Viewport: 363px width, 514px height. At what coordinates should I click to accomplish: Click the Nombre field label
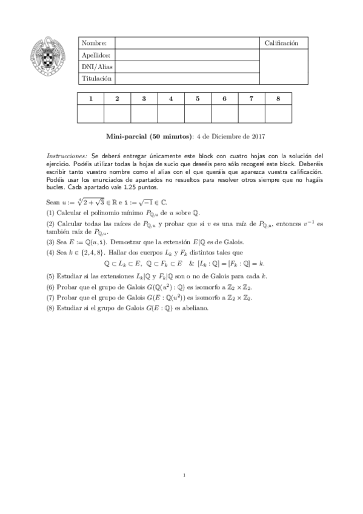pos(94,43)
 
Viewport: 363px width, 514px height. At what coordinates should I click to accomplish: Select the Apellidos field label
pos(97,55)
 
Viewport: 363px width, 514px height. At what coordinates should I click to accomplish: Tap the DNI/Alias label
pos(98,67)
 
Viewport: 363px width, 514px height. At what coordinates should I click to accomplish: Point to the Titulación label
pos(97,78)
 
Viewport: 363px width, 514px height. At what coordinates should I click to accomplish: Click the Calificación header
pos(282,43)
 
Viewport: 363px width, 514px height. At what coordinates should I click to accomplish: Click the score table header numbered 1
pos(91,98)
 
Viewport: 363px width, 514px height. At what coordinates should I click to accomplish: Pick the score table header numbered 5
pos(198,98)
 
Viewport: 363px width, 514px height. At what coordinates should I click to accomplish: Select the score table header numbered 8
pos(278,98)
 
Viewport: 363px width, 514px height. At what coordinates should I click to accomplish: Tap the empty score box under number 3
pos(144,113)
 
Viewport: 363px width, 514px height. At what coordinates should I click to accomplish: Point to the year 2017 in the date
pos(258,136)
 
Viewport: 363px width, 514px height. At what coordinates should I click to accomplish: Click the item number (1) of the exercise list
pos(50,213)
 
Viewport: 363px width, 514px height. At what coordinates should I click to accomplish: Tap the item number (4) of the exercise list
pos(50,252)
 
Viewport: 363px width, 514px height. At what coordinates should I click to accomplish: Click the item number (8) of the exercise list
pos(50,307)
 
